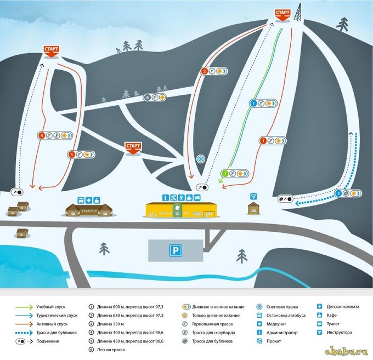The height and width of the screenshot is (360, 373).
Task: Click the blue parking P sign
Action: pyautogui.click(x=176, y=250)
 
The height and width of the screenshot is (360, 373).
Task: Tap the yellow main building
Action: pyautogui.click(x=181, y=210)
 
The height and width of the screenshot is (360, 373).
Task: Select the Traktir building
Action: pyautogui.click(x=89, y=210)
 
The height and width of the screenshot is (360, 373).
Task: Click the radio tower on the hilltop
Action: pyautogui.click(x=298, y=13)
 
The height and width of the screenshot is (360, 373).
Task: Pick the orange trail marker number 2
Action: pyautogui.click(x=205, y=71)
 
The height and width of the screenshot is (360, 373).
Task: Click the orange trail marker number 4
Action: pyautogui.click(x=42, y=136)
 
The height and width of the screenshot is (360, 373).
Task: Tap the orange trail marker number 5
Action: pyautogui.click(x=71, y=155)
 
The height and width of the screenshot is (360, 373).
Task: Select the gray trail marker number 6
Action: pyautogui.click(x=147, y=98)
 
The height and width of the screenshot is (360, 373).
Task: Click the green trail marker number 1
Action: pyautogui.click(x=225, y=174)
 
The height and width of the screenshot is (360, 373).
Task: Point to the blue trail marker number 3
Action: pyautogui.click(x=338, y=193)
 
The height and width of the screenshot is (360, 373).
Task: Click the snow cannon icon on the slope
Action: pyautogui.click(x=201, y=159)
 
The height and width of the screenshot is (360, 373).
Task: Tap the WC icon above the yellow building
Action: pyautogui.click(x=197, y=198)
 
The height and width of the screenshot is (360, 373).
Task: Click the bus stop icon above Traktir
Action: pyautogui.click(x=81, y=201)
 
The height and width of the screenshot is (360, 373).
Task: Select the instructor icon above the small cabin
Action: pyautogui.click(x=253, y=197)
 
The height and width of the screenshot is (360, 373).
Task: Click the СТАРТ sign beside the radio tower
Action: pyautogui.click(x=282, y=15)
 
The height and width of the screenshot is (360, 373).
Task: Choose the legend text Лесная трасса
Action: pyautogui.click(x=111, y=350)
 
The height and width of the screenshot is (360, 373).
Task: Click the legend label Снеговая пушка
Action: pyautogui.click(x=282, y=307)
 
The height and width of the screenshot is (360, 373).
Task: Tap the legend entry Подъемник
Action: pyautogui.click(x=48, y=341)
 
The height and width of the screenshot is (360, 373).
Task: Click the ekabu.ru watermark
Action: pyautogui.click(x=346, y=351)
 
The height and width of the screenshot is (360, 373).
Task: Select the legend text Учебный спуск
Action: pyautogui.click(x=50, y=307)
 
